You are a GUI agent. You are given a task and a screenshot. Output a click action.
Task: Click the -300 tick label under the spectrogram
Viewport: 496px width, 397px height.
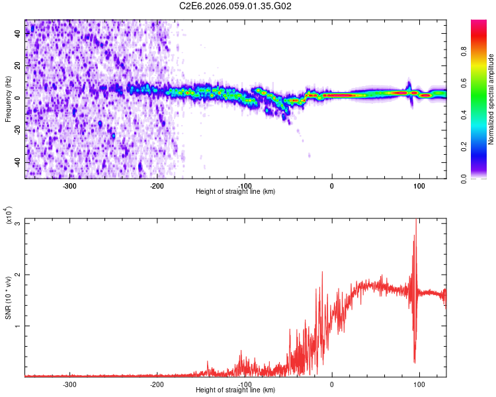(x=70, y=186)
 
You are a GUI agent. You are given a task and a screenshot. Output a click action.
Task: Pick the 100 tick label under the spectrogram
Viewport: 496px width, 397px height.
(x=419, y=186)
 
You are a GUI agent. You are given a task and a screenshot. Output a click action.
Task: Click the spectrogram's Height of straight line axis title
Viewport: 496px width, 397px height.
(x=235, y=192)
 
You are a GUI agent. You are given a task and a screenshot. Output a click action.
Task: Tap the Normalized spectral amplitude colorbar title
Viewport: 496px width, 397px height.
(x=491, y=99)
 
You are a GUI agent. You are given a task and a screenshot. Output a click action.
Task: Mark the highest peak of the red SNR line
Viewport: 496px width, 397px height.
(x=415, y=220)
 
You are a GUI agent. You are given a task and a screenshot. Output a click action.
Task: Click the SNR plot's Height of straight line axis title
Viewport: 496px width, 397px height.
(x=235, y=390)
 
